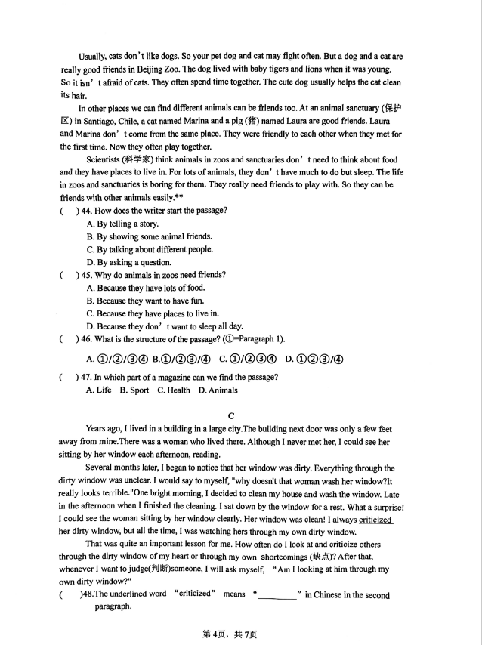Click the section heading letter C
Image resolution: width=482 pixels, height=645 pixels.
click(x=231, y=415)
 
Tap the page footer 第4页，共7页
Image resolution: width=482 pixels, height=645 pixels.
click(x=230, y=634)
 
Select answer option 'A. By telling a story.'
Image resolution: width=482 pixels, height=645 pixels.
click(x=122, y=224)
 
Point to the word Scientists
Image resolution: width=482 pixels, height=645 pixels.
click(x=109, y=159)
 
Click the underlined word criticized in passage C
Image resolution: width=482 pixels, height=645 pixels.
click(x=375, y=520)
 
